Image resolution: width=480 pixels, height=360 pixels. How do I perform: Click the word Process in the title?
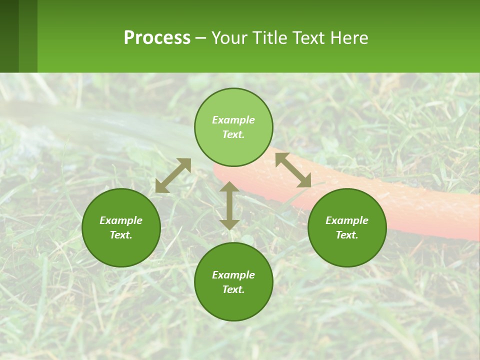[157, 38]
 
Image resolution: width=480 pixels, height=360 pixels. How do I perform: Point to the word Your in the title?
[229, 38]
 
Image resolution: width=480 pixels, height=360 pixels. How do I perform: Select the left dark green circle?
[121, 245]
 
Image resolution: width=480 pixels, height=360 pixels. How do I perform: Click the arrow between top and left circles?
[173, 175]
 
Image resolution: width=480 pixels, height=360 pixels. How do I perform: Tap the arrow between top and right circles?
[293, 170]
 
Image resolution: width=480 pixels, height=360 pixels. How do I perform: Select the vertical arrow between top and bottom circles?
[229, 205]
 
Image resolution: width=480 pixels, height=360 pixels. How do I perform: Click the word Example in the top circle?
[233, 120]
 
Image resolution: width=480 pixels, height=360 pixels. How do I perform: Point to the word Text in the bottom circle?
[233, 289]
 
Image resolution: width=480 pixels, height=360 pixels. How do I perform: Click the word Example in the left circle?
[121, 220]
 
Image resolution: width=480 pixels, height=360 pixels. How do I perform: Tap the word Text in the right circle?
[347, 235]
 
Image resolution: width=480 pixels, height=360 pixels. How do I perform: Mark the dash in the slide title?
[201, 38]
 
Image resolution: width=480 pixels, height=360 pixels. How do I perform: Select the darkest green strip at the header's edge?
[9, 36]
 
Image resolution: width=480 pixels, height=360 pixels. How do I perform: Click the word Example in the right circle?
[347, 220]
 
